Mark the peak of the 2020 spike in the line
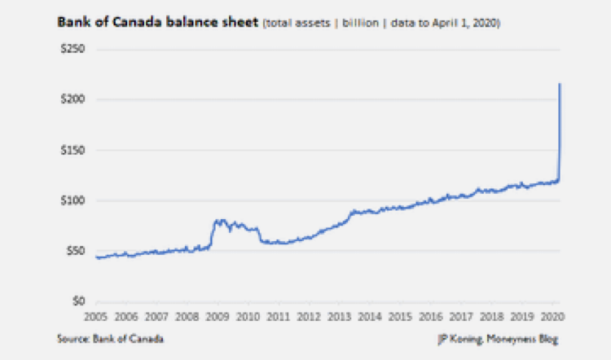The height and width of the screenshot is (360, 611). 560,84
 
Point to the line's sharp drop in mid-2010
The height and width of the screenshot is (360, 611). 260,235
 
